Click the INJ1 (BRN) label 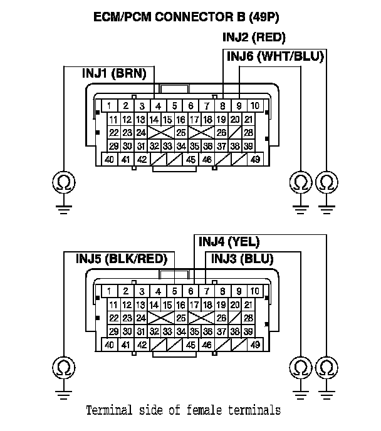click(114, 74)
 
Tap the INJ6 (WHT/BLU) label click(275, 56)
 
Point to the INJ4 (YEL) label click(229, 241)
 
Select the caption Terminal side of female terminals click(183, 410)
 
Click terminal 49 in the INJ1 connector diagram click(255, 159)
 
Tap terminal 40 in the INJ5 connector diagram click(109, 345)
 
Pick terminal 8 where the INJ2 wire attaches click(223, 105)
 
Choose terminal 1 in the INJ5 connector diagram click(109, 291)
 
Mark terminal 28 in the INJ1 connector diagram click(249, 132)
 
